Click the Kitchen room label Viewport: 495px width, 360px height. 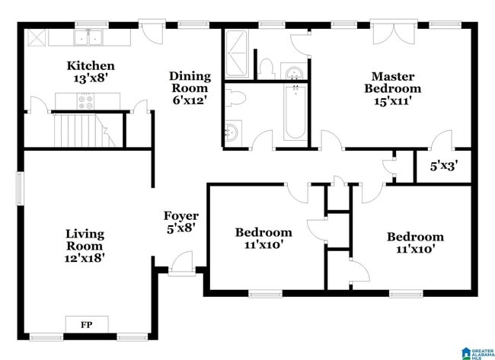(90, 66)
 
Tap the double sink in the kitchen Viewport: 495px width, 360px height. (91, 39)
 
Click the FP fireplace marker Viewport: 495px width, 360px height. (88, 325)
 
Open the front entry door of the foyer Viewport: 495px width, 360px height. (181, 265)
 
